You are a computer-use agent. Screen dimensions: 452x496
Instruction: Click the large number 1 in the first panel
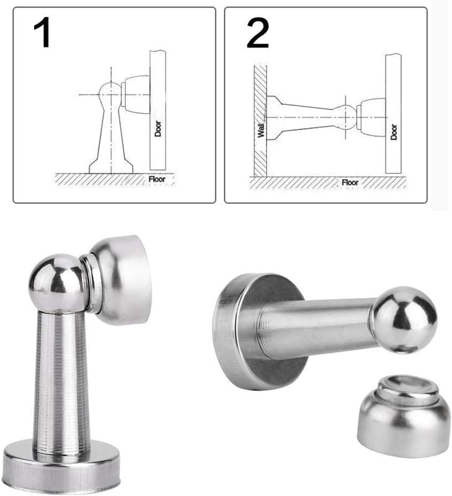(42, 32)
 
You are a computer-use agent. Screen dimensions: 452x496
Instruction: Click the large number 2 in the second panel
(257, 33)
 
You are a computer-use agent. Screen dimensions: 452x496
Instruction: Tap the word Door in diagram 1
(158, 129)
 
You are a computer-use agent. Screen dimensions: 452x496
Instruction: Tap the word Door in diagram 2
(394, 132)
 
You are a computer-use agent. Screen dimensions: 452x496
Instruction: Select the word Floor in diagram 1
(157, 179)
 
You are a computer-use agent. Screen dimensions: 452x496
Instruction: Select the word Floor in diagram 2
(350, 182)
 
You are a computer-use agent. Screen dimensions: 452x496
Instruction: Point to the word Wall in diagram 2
(261, 130)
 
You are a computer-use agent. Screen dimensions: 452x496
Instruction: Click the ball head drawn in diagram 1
(110, 92)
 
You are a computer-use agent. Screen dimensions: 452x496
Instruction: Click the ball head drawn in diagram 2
(345, 117)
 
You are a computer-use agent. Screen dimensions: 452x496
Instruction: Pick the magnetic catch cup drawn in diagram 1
(135, 94)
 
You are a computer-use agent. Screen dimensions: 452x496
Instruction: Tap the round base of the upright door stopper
(62, 467)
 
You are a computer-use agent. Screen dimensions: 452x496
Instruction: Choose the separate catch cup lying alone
(404, 416)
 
